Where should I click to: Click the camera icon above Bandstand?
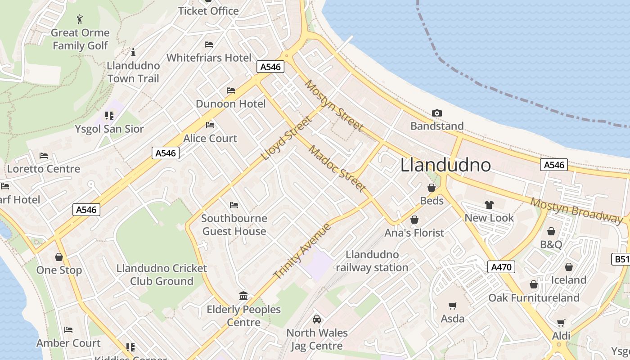[x=436, y=113]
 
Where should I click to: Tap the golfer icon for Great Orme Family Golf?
[x=80, y=19]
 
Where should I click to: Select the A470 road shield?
[x=501, y=267]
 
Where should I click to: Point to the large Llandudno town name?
[x=445, y=165]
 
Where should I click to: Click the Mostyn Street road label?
[x=333, y=106]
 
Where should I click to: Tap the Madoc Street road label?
[x=337, y=168]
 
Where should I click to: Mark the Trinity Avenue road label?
[x=302, y=251]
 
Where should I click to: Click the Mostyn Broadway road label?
[x=576, y=210]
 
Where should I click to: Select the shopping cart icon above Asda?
[x=452, y=306]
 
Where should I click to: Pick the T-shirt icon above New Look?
[x=489, y=205]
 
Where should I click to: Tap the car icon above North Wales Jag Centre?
[x=317, y=319]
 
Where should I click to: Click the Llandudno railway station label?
[x=372, y=261]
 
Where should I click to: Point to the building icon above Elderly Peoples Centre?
[x=243, y=296]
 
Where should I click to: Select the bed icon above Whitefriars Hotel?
[x=209, y=45]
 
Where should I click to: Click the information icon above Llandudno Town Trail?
[x=133, y=52]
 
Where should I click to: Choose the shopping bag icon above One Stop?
[x=59, y=257]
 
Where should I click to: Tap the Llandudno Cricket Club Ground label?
[x=162, y=274]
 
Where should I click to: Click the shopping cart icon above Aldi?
[x=561, y=323]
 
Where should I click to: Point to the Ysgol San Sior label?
[x=109, y=129]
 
